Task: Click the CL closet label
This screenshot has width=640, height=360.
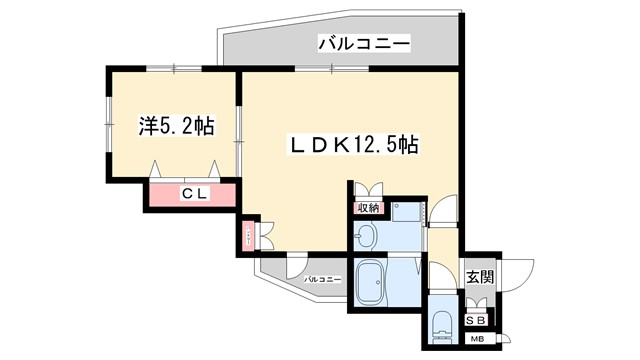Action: tap(193, 194)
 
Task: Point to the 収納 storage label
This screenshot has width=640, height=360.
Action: tap(367, 208)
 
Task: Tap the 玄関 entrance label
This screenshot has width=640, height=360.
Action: tap(479, 277)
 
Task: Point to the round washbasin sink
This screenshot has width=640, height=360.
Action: tap(365, 236)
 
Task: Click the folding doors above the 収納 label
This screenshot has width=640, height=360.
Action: tap(367, 191)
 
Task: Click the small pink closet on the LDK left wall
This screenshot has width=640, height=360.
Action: tap(247, 236)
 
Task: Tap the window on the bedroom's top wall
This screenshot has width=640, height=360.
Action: tap(174, 67)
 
